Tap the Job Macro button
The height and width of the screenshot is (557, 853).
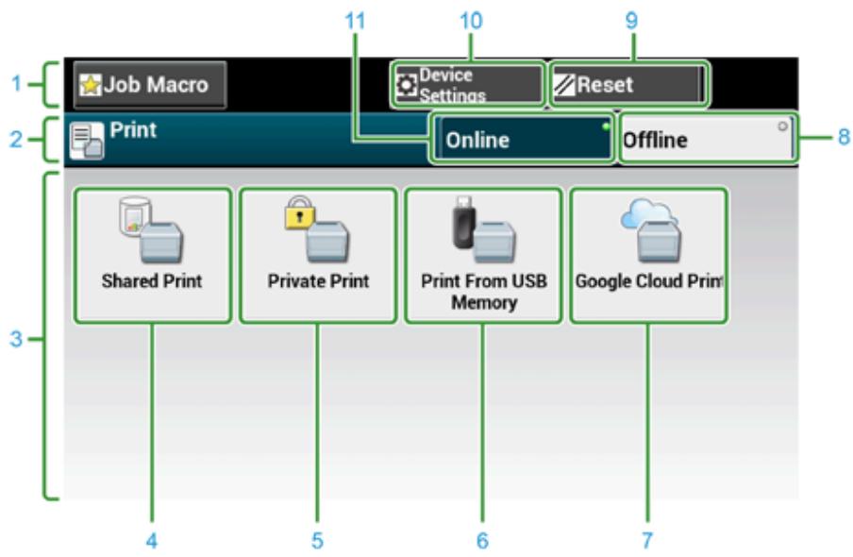(x=150, y=85)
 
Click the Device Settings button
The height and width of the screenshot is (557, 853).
(x=468, y=84)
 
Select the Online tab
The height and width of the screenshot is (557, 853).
(x=522, y=139)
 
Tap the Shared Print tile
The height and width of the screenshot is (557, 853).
(x=152, y=256)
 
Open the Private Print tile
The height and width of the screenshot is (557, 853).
(x=318, y=256)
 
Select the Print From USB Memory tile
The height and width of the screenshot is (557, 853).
(x=484, y=256)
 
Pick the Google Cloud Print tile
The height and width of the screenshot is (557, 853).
(x=648, y=256)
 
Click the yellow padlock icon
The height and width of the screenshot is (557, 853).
(x=299, y=213)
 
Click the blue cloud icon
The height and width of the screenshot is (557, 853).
(x=649, y=214)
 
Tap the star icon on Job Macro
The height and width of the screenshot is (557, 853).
(x=91, y=86)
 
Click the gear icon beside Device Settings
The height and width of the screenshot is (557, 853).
(x=406, y=85)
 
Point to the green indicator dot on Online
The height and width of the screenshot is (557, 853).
(x=606, y=127)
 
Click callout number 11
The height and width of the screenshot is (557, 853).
(x=355, y=21)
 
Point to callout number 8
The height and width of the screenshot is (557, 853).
(x=844, y=137)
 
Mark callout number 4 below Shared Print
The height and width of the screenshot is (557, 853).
(x=152, y=541)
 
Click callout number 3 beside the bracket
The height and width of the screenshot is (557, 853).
(x=16, y=339)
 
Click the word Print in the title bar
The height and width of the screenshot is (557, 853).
(x=133, y=130)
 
